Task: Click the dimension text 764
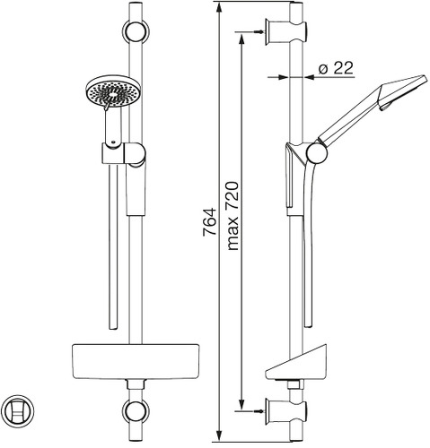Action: pyautogui.click(x=209, y=222)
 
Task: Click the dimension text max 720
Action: pyautogui.click(x=233, y=216)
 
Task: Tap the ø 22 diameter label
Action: pyautogui.click(x=336, y=68)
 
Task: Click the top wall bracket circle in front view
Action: pyautogui.click(x=136, y=31)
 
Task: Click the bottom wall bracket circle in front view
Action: pyautogui.click(x=136, y=412)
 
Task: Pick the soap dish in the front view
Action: pyautogui.click(x=136, y=361)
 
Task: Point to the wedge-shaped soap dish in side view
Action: pyautogui.click(x=296, y=363)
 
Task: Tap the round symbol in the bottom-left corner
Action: pyautogui.click(x=17, y=410)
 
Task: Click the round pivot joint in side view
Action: pyautogui.click(x=317, y=152)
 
